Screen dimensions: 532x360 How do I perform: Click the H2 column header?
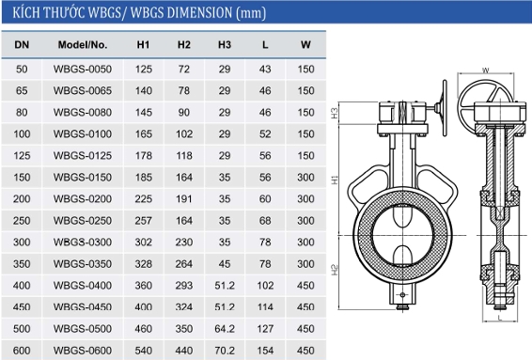184,45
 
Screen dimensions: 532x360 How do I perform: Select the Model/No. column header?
83,45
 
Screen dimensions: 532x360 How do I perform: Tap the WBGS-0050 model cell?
83,70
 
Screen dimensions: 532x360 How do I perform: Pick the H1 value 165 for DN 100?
144,134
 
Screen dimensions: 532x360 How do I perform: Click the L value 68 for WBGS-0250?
265,221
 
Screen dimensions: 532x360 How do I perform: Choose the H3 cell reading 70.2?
225,351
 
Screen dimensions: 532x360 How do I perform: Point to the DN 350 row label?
22,263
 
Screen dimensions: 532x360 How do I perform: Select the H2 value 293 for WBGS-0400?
184,286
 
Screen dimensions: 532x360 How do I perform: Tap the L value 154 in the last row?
265,351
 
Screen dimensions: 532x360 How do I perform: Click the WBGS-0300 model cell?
83,243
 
